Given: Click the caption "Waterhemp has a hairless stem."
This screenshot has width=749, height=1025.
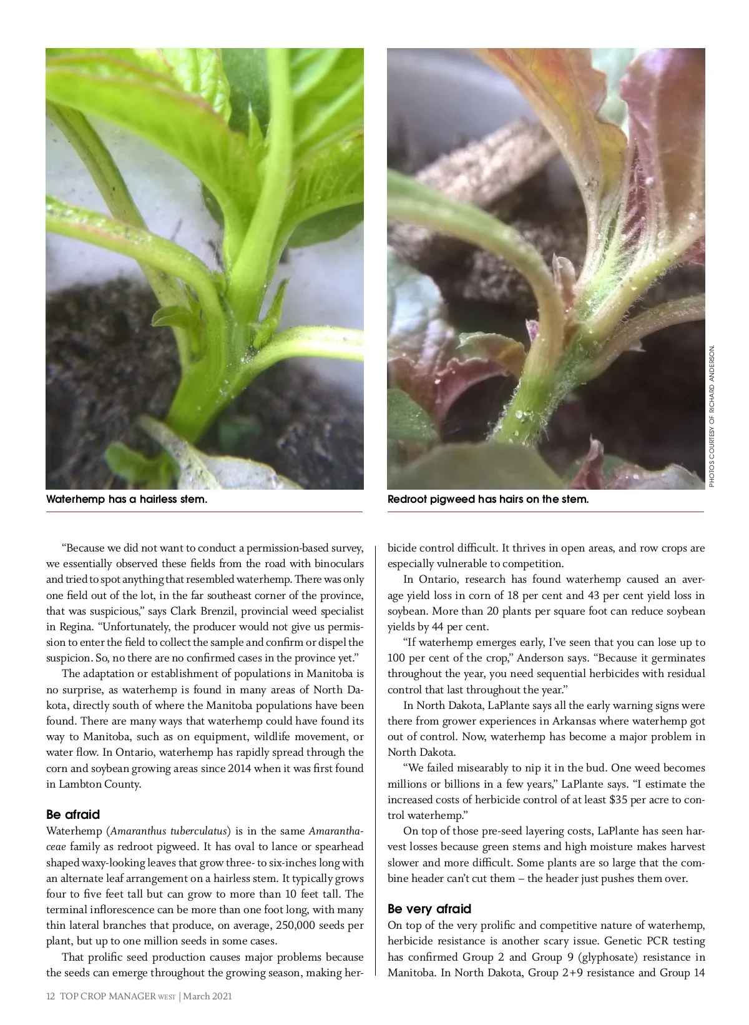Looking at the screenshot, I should (127, 500).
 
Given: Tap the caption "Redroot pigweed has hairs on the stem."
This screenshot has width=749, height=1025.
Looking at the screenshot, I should (487, 500).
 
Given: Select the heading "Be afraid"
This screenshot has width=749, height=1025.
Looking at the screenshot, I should (73, 815).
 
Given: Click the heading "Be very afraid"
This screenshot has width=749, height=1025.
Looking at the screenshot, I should (429, 909).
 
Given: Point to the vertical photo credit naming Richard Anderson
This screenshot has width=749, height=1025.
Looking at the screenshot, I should (712, 416).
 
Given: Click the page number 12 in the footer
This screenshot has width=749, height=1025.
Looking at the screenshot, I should (51, 996).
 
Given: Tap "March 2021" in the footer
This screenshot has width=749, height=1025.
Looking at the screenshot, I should (207, 996).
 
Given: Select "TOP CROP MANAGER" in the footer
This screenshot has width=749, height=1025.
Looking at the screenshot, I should (107, 996).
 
